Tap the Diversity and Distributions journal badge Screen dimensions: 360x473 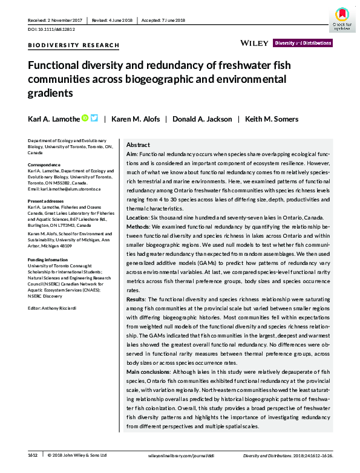point(303,43)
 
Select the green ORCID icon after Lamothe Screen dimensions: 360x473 point(85,119)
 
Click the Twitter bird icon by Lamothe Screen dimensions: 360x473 point(94,119)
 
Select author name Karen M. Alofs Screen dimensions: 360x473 point(136,119)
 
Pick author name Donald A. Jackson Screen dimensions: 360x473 point(200,119)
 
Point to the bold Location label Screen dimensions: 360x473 point(138,217)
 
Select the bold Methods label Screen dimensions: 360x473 point(139,226)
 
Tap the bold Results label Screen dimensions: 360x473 point(136,299)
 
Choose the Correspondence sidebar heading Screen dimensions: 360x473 point(44,165)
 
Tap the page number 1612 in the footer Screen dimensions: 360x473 point(33,455)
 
